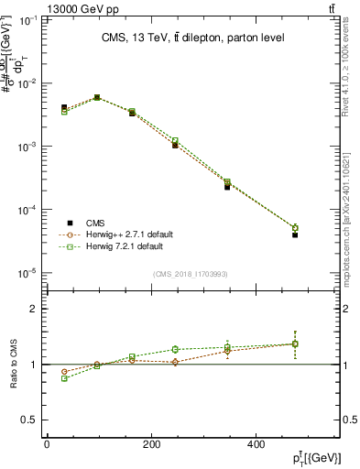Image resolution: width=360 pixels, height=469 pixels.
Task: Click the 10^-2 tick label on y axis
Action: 29,83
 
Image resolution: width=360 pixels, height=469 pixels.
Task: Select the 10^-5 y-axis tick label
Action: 29,273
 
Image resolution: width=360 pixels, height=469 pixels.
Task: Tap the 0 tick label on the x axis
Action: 47,445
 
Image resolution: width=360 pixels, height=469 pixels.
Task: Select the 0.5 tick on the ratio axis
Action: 30,420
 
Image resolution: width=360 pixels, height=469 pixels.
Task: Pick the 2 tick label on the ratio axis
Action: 34,309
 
